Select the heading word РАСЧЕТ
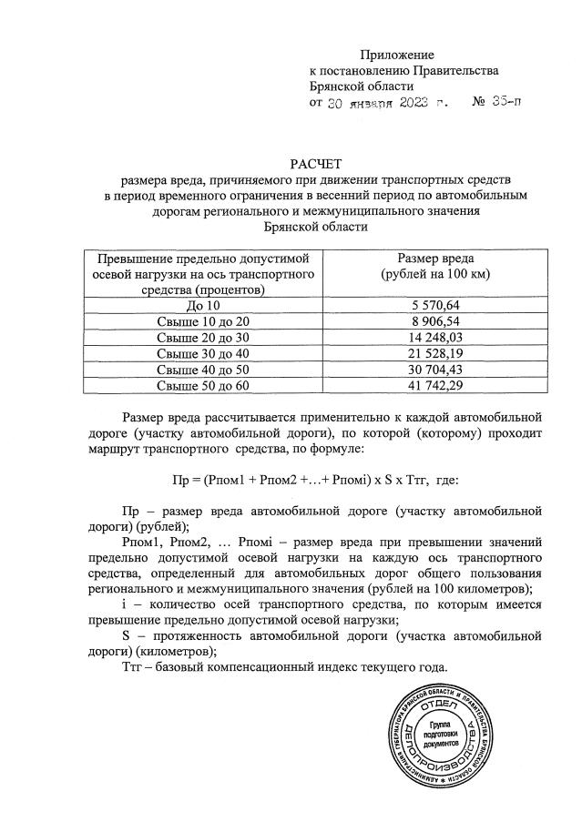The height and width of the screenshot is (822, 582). (x=314, y=164)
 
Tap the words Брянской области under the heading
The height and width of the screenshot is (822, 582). (x=314, y=228)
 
